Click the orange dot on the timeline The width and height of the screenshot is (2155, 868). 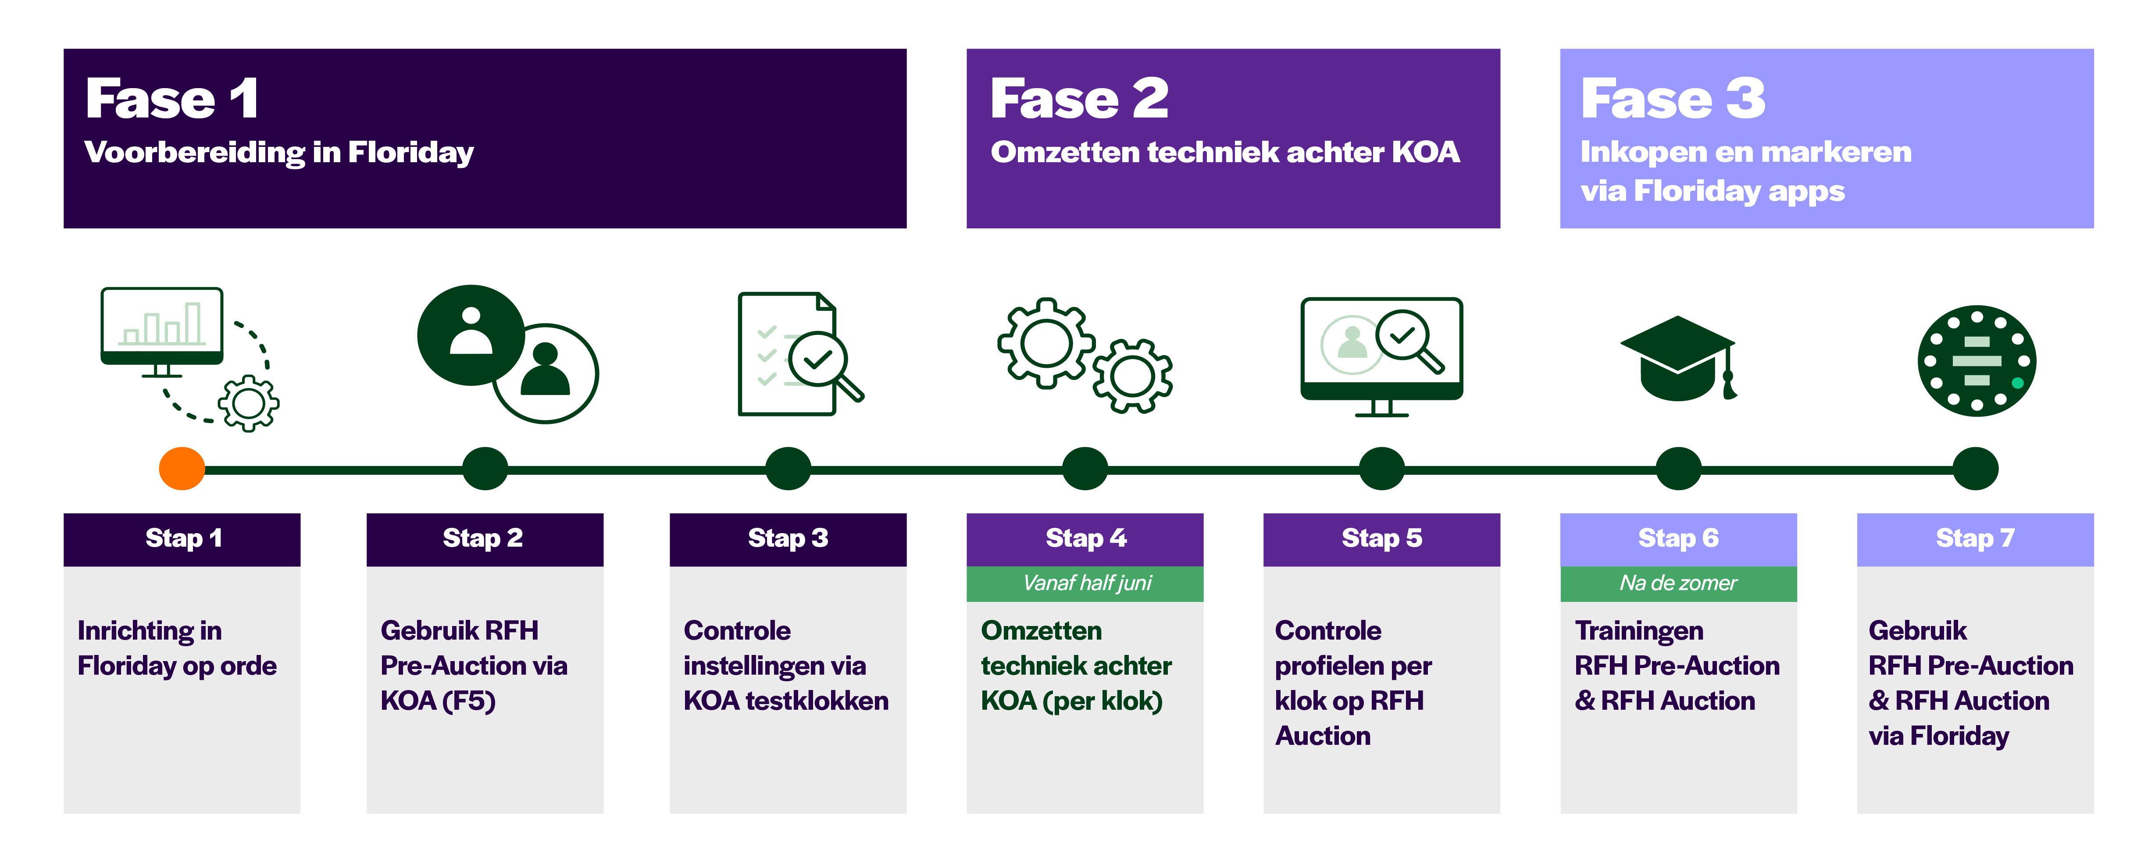[x=182, y=468]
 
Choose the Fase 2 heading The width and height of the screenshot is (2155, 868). [x=1079, y=99]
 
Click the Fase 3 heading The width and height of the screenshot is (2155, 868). [x=1673, y=99]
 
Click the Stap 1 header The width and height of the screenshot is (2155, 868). [x=182, y=538]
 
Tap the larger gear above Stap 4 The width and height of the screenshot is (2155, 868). [x=1046, y=343]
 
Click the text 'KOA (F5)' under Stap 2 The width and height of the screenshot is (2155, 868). [x=438, y=701]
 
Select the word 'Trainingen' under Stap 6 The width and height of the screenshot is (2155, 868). [x=1639, y=630]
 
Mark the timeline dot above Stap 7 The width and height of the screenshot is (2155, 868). [x=1975, y=468]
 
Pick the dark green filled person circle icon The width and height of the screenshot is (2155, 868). [x=471, y=334]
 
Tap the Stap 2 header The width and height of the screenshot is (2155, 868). [x=484, y=538]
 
